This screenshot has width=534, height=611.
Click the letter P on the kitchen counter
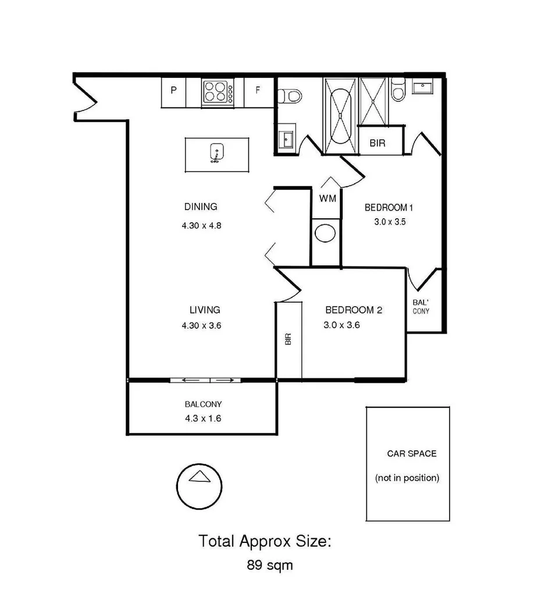click(x=173, y=90)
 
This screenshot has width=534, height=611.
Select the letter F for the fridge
click(x=258, y=90)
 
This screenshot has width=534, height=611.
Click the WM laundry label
click(x=327, y=198)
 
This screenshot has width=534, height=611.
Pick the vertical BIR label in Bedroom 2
click(x=288, y=340)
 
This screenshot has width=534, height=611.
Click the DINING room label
click(x=201, y=207)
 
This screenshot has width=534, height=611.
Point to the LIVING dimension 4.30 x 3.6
click(x=201, y=326)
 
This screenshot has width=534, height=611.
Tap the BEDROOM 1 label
click(x=389, y=208)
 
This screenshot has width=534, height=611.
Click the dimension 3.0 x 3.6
click(x=341, y=326)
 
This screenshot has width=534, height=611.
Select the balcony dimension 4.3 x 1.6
click(x=203, y=418)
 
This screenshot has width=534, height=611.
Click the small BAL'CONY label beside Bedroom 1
click(x=421, y=307)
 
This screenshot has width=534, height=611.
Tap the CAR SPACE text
click(x=411, y=453)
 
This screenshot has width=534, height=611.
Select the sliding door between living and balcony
click(x=206, y=381)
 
